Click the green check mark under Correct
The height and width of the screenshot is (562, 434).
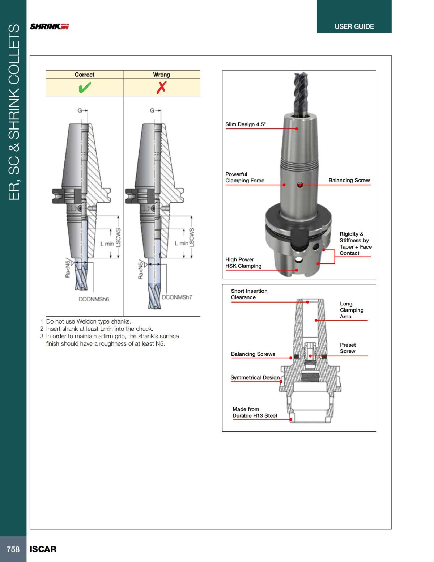tap(84, 87)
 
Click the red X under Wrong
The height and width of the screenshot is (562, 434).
tap(161, 87)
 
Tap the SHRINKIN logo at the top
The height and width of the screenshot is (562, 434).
tap(50, 26)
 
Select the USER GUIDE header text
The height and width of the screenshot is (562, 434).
tap(354, 26)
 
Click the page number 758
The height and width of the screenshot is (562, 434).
tap(13, 549)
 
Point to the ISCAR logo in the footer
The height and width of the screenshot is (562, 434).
tap(43, 549)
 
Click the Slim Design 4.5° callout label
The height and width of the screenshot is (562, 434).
tap(245, 124)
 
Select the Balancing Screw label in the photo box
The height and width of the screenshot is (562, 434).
tap(349, 180)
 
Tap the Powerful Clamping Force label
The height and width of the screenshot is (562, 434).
tap(244, 177)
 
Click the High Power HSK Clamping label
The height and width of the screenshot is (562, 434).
tap(243, 263)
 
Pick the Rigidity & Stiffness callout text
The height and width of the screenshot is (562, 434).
tap(355, 244)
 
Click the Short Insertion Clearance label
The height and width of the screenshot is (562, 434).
tap(249, 294)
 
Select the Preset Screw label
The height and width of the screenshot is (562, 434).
tap(348, 348)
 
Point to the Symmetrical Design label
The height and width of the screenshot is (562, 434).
tap(255, 377)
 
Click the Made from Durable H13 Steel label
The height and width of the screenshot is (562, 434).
tap(255, 413)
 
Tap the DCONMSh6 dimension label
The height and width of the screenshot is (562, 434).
tap(94, 299)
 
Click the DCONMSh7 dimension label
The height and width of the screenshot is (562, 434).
tap(177, 297)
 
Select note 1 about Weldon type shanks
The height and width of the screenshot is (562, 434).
tap(88, 321)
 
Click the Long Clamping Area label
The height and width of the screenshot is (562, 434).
tap(351, 310)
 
